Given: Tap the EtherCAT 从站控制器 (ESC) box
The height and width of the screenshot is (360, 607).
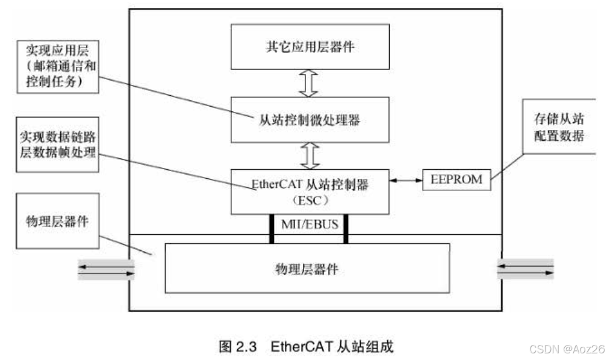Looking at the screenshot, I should tap(310, 191).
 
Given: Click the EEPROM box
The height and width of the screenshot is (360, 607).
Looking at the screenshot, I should tap(456, 180).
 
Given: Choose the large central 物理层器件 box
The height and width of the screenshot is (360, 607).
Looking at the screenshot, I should tap(307, 268).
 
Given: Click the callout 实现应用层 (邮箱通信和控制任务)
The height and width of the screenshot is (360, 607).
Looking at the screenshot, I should tap(58, 67).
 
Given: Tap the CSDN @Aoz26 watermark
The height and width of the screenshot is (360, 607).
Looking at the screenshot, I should tap(565, 349).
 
